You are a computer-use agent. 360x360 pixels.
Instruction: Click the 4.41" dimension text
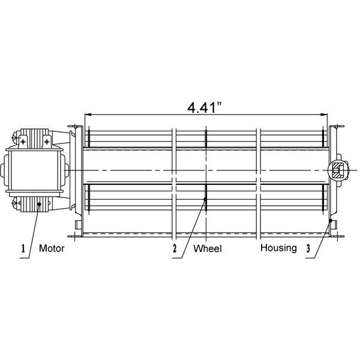205,107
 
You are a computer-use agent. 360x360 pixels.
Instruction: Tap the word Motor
52,248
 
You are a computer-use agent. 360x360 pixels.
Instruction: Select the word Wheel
208,248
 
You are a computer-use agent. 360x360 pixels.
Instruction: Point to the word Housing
278,248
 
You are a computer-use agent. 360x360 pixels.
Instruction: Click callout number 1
23,248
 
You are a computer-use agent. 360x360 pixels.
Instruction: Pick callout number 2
175,248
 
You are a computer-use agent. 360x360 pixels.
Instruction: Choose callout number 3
308,248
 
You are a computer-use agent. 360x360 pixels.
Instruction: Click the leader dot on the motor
39,204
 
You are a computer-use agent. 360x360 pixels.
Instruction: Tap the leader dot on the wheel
205,199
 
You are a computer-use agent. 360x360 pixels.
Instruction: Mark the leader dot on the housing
331,221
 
